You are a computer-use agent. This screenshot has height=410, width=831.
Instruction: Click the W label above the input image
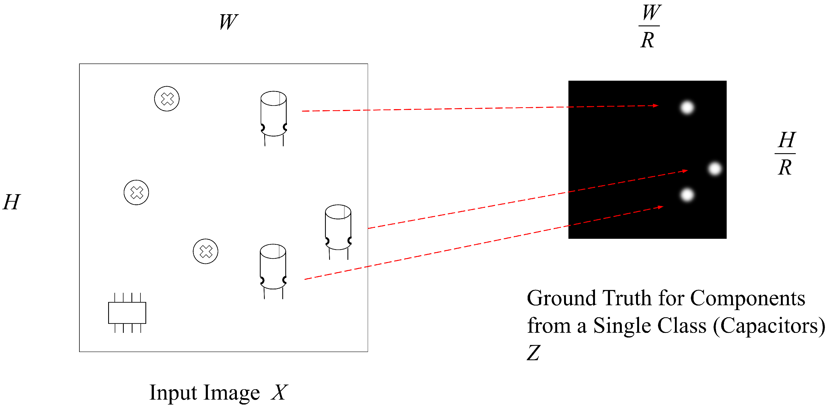(x=228, y=22)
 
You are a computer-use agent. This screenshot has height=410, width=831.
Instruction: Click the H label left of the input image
(x=11, y=202)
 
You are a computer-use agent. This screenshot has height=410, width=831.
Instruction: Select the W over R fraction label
(x=649, y=27)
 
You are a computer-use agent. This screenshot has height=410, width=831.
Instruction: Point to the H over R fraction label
(x=786, y=153)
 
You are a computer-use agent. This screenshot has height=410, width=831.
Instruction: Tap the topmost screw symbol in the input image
(x=167, y=99)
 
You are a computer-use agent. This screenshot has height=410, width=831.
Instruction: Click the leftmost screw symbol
(x=136, y=193)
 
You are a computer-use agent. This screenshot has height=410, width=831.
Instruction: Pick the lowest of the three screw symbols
(x=206, y=251)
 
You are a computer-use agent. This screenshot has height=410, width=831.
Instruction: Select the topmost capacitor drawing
(x=273, y=116)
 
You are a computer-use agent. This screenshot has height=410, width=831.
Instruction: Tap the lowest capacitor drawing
(x=273, y=269)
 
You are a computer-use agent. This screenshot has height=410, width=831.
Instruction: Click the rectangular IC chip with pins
(x=127, y=313)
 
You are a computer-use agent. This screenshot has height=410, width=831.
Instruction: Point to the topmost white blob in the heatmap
(x=687, y=107)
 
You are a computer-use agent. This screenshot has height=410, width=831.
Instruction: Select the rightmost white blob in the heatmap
(x=715, y=168)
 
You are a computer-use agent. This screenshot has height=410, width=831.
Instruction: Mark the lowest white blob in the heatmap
(x=687, y=195)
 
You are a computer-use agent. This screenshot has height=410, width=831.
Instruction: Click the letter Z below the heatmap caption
(x=534, y=353)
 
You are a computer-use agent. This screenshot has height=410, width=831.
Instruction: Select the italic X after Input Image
(x=279, y=392)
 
